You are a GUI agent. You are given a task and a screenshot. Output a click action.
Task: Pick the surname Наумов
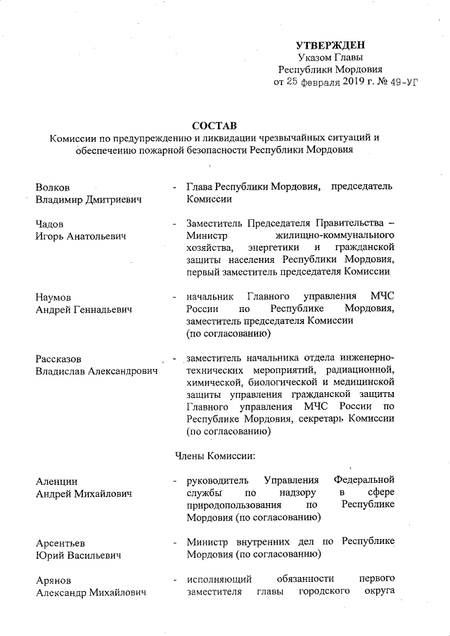point(56,297)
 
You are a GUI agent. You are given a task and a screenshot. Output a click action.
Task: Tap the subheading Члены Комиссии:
point(214,456)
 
